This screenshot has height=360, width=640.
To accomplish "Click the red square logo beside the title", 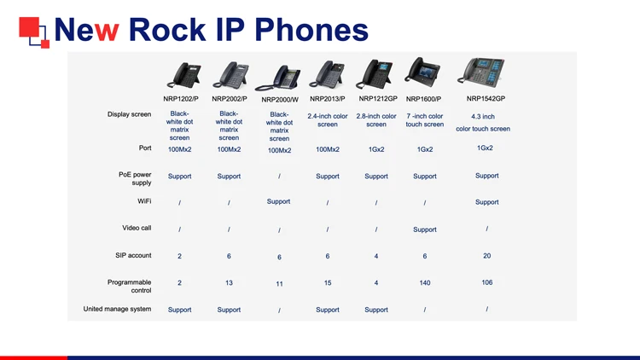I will click(32, 31).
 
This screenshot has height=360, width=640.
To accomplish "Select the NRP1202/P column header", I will click(181, 99).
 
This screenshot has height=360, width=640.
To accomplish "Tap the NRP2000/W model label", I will click(279, 100).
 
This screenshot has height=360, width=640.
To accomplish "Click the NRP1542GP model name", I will click(486, 98).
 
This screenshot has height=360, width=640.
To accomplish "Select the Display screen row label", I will click(129, 114).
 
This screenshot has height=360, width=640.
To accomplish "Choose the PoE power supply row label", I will click(134, 178).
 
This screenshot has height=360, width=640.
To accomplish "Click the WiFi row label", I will click(144, 201).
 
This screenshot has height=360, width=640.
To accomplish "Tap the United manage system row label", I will click(117, 309).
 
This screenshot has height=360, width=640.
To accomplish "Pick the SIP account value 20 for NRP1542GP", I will click(486, 255).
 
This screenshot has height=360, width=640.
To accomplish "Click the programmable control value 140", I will click(425, 282).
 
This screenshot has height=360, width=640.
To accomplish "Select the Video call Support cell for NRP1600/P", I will click(425, 229).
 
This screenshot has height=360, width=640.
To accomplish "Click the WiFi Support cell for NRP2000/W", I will click(279, 201).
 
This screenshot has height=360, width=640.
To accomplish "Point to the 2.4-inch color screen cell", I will click(328, 120).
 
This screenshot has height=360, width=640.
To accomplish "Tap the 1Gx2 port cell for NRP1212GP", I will click(376, 149).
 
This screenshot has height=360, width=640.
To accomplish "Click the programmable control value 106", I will click(486, 282).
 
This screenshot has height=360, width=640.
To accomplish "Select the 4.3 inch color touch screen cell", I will click(483, 123).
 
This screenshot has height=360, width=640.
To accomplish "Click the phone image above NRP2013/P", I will click(327, 74).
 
